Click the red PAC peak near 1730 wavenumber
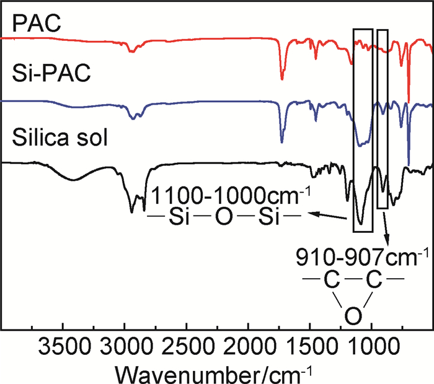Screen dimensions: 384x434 pyautogui.click(x=282, y=78)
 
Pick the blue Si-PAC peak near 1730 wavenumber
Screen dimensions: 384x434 pyautogui.click(x=282, y=141)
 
